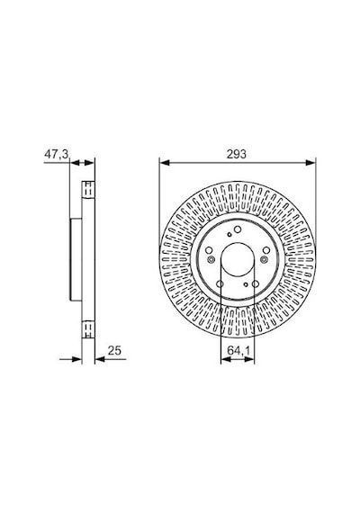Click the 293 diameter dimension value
(237, 154)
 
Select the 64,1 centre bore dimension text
(238, 351)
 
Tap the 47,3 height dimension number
(57, 154)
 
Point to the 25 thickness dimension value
(114, 350)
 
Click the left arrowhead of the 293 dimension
(165, 163)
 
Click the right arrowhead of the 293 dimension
(310, 163)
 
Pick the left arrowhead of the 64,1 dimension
(226, 360)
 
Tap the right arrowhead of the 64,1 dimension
(249, 360)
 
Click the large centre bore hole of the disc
(238, 259)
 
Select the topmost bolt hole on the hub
(238, 229)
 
